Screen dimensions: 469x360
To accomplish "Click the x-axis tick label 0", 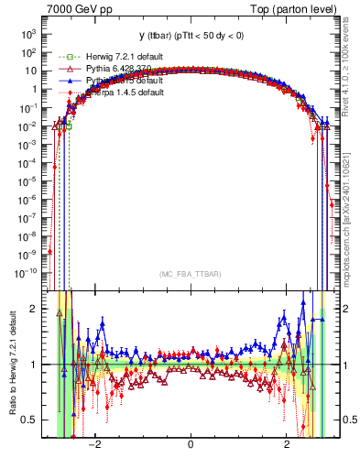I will (190, 445).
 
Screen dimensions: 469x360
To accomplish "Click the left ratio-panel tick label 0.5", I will (29, 420).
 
